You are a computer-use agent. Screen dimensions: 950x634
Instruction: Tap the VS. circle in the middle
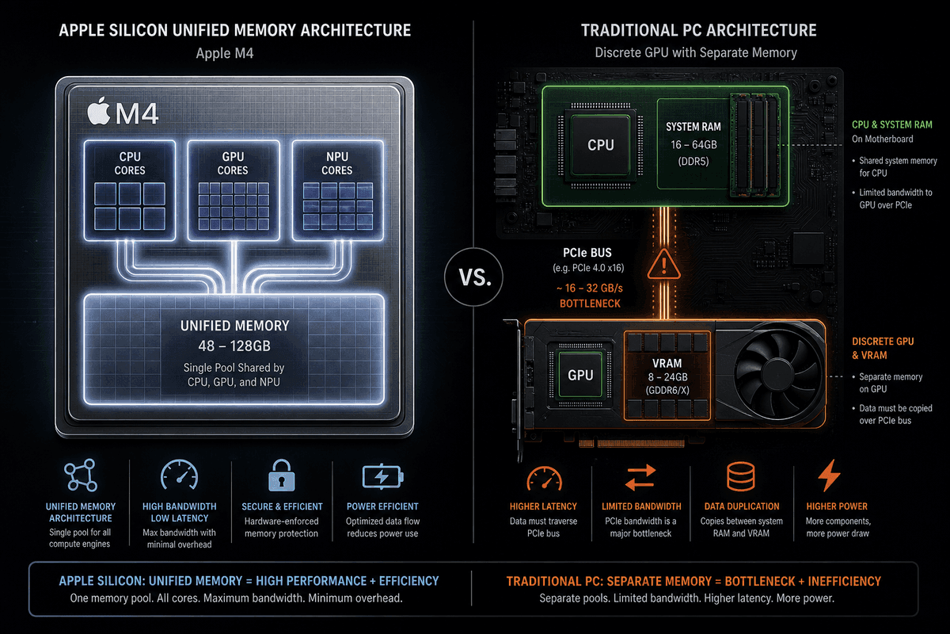pos(473,277)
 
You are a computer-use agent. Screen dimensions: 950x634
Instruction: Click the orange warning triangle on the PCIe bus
pos(663,265)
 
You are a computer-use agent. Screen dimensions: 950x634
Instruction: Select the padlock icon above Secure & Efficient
pos(282,475)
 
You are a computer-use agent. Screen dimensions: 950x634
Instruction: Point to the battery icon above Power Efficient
pos(382,476)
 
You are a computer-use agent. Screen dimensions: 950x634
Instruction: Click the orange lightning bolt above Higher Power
pos(829,475)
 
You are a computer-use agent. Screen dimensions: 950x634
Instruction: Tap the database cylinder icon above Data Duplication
pos(741,476)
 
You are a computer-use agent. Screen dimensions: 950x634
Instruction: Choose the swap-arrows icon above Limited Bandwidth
pos(640,477)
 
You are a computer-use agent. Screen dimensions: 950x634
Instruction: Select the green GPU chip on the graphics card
pos(580,375)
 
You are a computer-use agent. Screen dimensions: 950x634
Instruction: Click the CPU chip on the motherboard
pos(601,145)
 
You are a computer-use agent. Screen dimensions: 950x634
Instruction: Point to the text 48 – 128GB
pos(234,346)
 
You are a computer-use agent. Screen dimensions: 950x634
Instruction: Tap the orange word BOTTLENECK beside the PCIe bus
pos(590,304)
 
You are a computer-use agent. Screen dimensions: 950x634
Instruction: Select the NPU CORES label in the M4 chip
pos(337,163)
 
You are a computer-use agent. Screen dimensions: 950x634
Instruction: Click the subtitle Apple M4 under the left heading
pos(225,54)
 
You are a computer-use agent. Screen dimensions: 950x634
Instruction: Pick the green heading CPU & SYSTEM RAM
pos(892,124)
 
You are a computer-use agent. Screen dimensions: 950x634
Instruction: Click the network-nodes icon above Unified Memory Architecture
pos(81,475)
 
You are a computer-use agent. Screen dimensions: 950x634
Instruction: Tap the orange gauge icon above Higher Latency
pos(544,478)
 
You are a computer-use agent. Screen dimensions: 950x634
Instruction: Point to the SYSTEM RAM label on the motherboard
pos(693,127)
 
